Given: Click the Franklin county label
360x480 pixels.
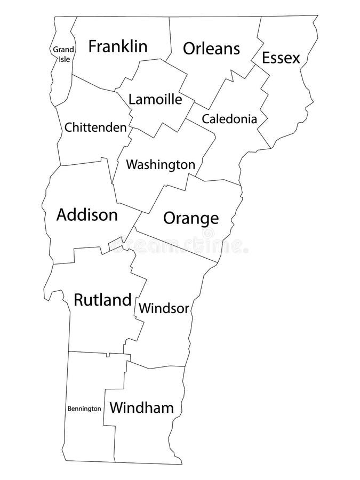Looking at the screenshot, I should (118, 46).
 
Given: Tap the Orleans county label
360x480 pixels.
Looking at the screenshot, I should (211, 49).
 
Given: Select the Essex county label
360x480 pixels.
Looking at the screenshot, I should (281, 58).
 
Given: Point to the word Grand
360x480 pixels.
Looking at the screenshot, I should (63, 50).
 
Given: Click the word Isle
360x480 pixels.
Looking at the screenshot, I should (64, 59).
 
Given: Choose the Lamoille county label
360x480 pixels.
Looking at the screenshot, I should (156, 100).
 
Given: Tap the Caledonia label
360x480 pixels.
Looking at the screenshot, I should (230, 118).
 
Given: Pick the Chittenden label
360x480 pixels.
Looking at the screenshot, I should (95, 127).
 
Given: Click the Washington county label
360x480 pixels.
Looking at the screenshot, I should (161, 165).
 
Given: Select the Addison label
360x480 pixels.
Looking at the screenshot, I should (87, 215).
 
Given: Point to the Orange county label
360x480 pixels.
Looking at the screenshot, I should (191, 218).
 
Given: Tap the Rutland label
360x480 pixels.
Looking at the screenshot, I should (102, 300).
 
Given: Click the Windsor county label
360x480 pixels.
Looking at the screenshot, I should (164, 308).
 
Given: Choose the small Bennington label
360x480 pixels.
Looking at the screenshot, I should (84, 409).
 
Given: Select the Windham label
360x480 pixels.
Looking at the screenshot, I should (142, 409).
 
